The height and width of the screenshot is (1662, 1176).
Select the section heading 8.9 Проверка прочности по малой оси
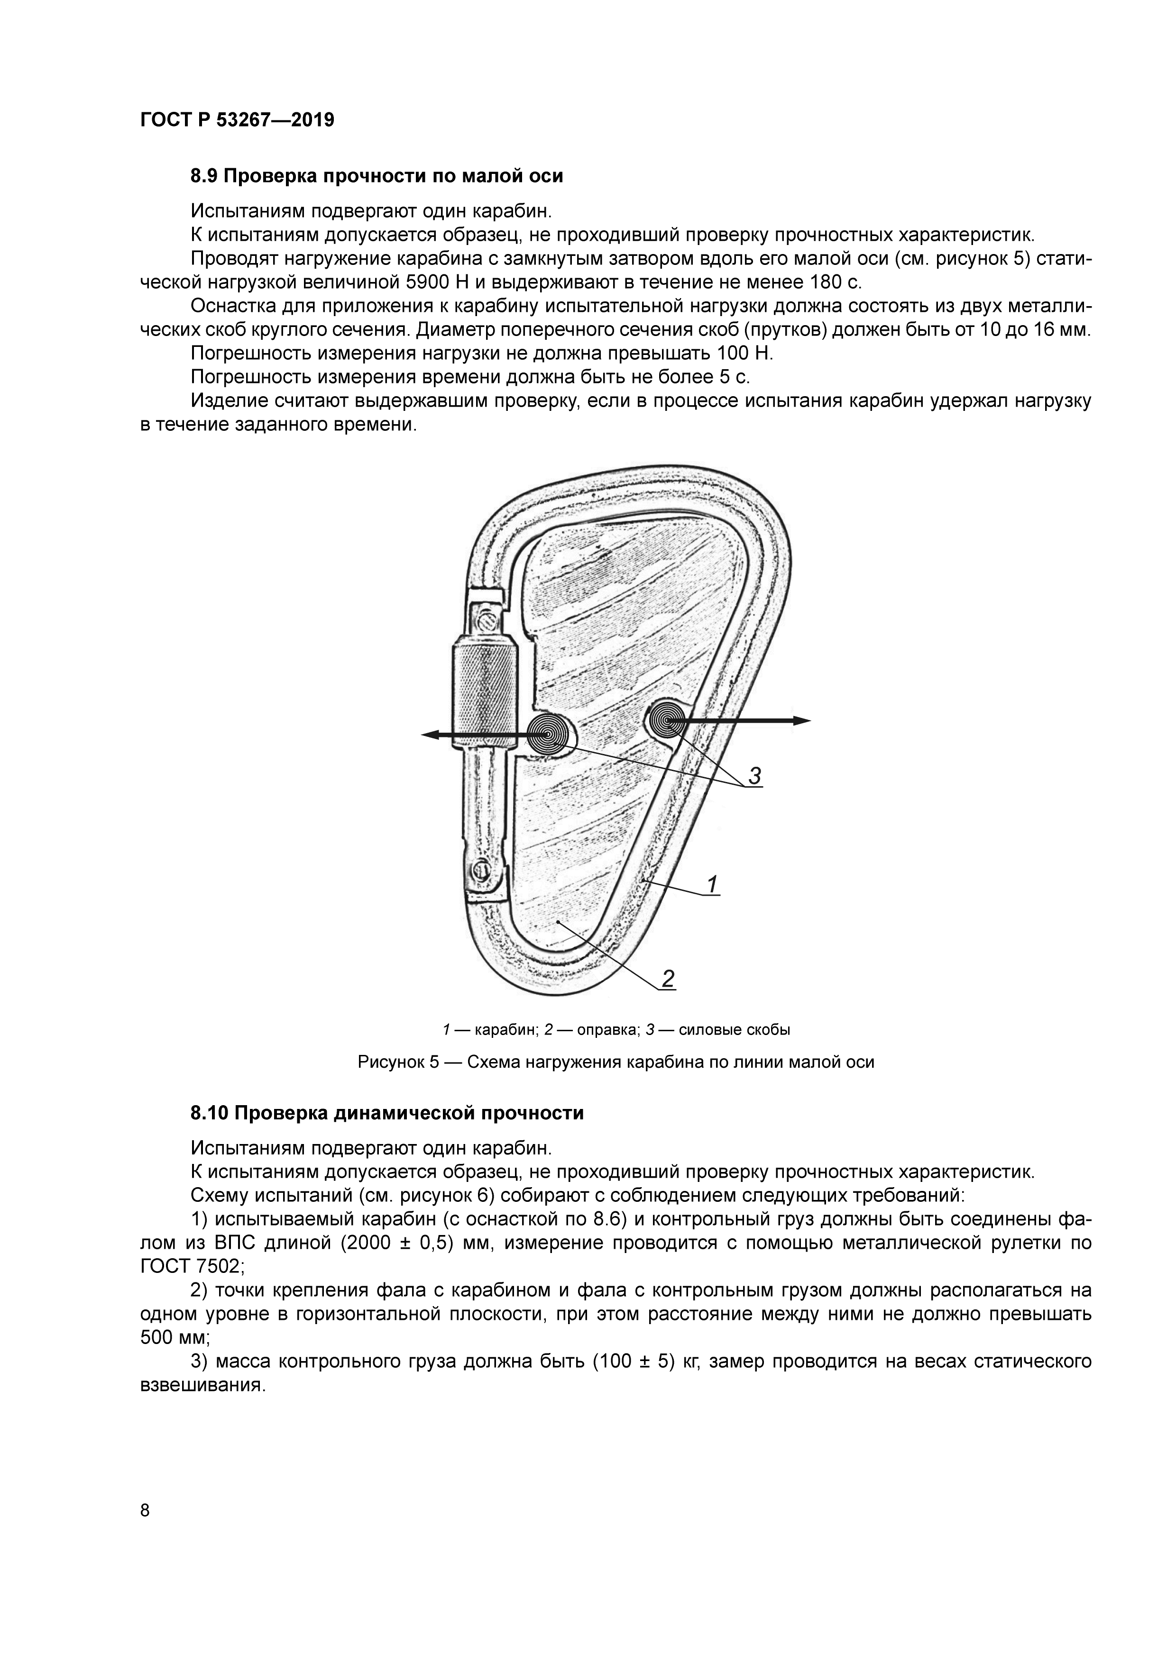(x=377, y=176)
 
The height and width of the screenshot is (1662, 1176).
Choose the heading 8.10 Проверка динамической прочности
(x=386, y=1113)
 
